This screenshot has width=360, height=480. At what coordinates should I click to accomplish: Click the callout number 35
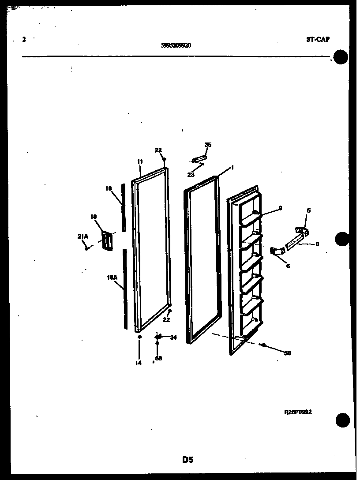click(x=208, y=144)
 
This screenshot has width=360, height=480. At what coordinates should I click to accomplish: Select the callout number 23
click(x=191, y=175)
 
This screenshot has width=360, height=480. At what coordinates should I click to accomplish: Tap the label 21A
click(x=83, y=237)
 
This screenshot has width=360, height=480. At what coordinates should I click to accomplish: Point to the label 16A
click(x=112, y=277)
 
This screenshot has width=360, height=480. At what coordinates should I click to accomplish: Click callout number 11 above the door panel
click(x=140, y=162)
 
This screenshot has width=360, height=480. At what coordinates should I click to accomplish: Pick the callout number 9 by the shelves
click(x=280, y=207)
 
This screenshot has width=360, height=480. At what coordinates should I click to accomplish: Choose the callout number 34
click(x=173, y=337)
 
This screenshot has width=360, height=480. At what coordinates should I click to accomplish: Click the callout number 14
click(x=139, y=363)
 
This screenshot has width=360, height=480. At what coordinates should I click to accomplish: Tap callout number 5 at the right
click(x=308, y=210)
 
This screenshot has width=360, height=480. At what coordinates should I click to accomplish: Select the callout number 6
click(x=288, y=266)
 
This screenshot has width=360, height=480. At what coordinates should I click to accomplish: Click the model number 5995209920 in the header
click(x=176, y=45)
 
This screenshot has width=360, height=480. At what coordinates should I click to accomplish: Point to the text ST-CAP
click(x=318, y=39)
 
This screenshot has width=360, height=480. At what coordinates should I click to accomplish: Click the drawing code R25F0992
click(x=298, y=412)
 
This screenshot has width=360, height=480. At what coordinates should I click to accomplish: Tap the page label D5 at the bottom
click(x=188, y=460)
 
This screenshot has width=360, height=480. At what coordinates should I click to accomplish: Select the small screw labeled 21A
click(x=88, y=248)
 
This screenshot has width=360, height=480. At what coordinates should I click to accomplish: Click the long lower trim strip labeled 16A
click(x=125, y=289)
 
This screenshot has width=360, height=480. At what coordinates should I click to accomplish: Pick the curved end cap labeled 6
click(x=277, y=251)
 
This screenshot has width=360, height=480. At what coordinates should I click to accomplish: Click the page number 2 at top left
click(x=24, y=39)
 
